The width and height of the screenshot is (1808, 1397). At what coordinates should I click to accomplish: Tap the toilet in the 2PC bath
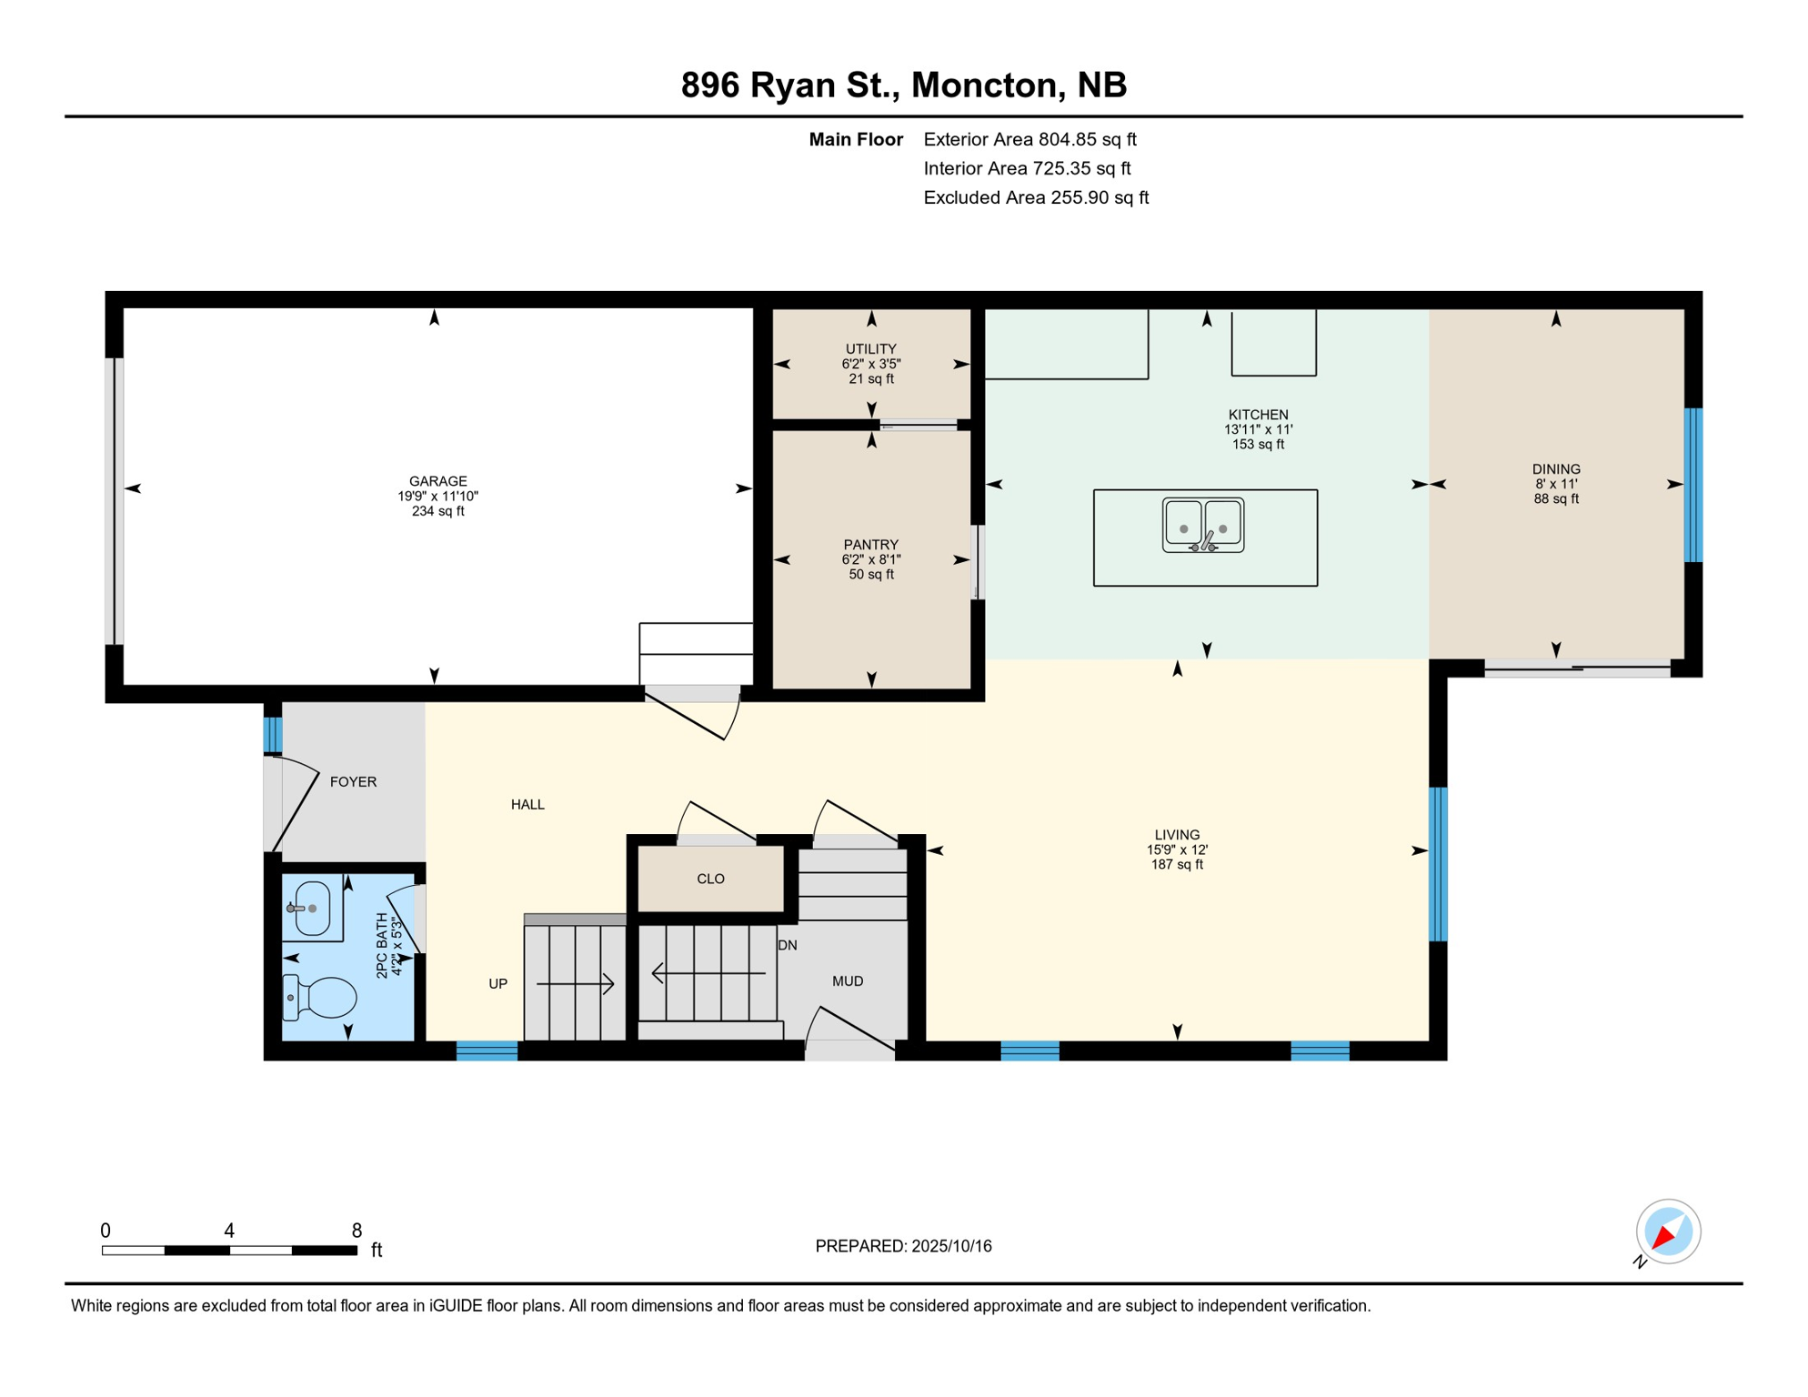point(319,997)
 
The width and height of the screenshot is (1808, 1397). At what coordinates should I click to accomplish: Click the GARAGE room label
point(437,481)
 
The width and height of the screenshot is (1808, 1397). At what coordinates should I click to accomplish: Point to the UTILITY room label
point(870,349)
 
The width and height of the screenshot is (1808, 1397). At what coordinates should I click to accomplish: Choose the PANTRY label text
point(870,545)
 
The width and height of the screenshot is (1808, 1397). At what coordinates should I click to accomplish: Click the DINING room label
point(1555,469)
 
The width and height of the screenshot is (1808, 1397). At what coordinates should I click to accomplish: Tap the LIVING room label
point(1177,835)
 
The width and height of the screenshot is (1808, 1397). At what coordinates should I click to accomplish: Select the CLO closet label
point(710,879)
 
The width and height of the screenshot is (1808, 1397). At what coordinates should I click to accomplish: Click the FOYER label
point(353,782)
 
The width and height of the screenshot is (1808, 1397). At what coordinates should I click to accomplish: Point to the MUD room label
point(848,981)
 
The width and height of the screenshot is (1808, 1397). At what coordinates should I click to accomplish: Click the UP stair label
point(497,984)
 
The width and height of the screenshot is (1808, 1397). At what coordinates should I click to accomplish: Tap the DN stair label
point(788,946)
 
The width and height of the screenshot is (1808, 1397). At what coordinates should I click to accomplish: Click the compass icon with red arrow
point(1668,1231)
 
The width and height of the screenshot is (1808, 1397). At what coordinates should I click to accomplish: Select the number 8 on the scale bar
point(357,1231)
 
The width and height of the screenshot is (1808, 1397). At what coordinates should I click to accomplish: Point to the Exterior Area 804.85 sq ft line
point(1030,139)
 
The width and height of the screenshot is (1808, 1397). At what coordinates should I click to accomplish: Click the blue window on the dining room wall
point(1692,485)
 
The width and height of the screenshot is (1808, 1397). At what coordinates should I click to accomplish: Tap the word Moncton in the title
point(986,85)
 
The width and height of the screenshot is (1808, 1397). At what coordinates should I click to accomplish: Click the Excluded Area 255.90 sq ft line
point(1036,197)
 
